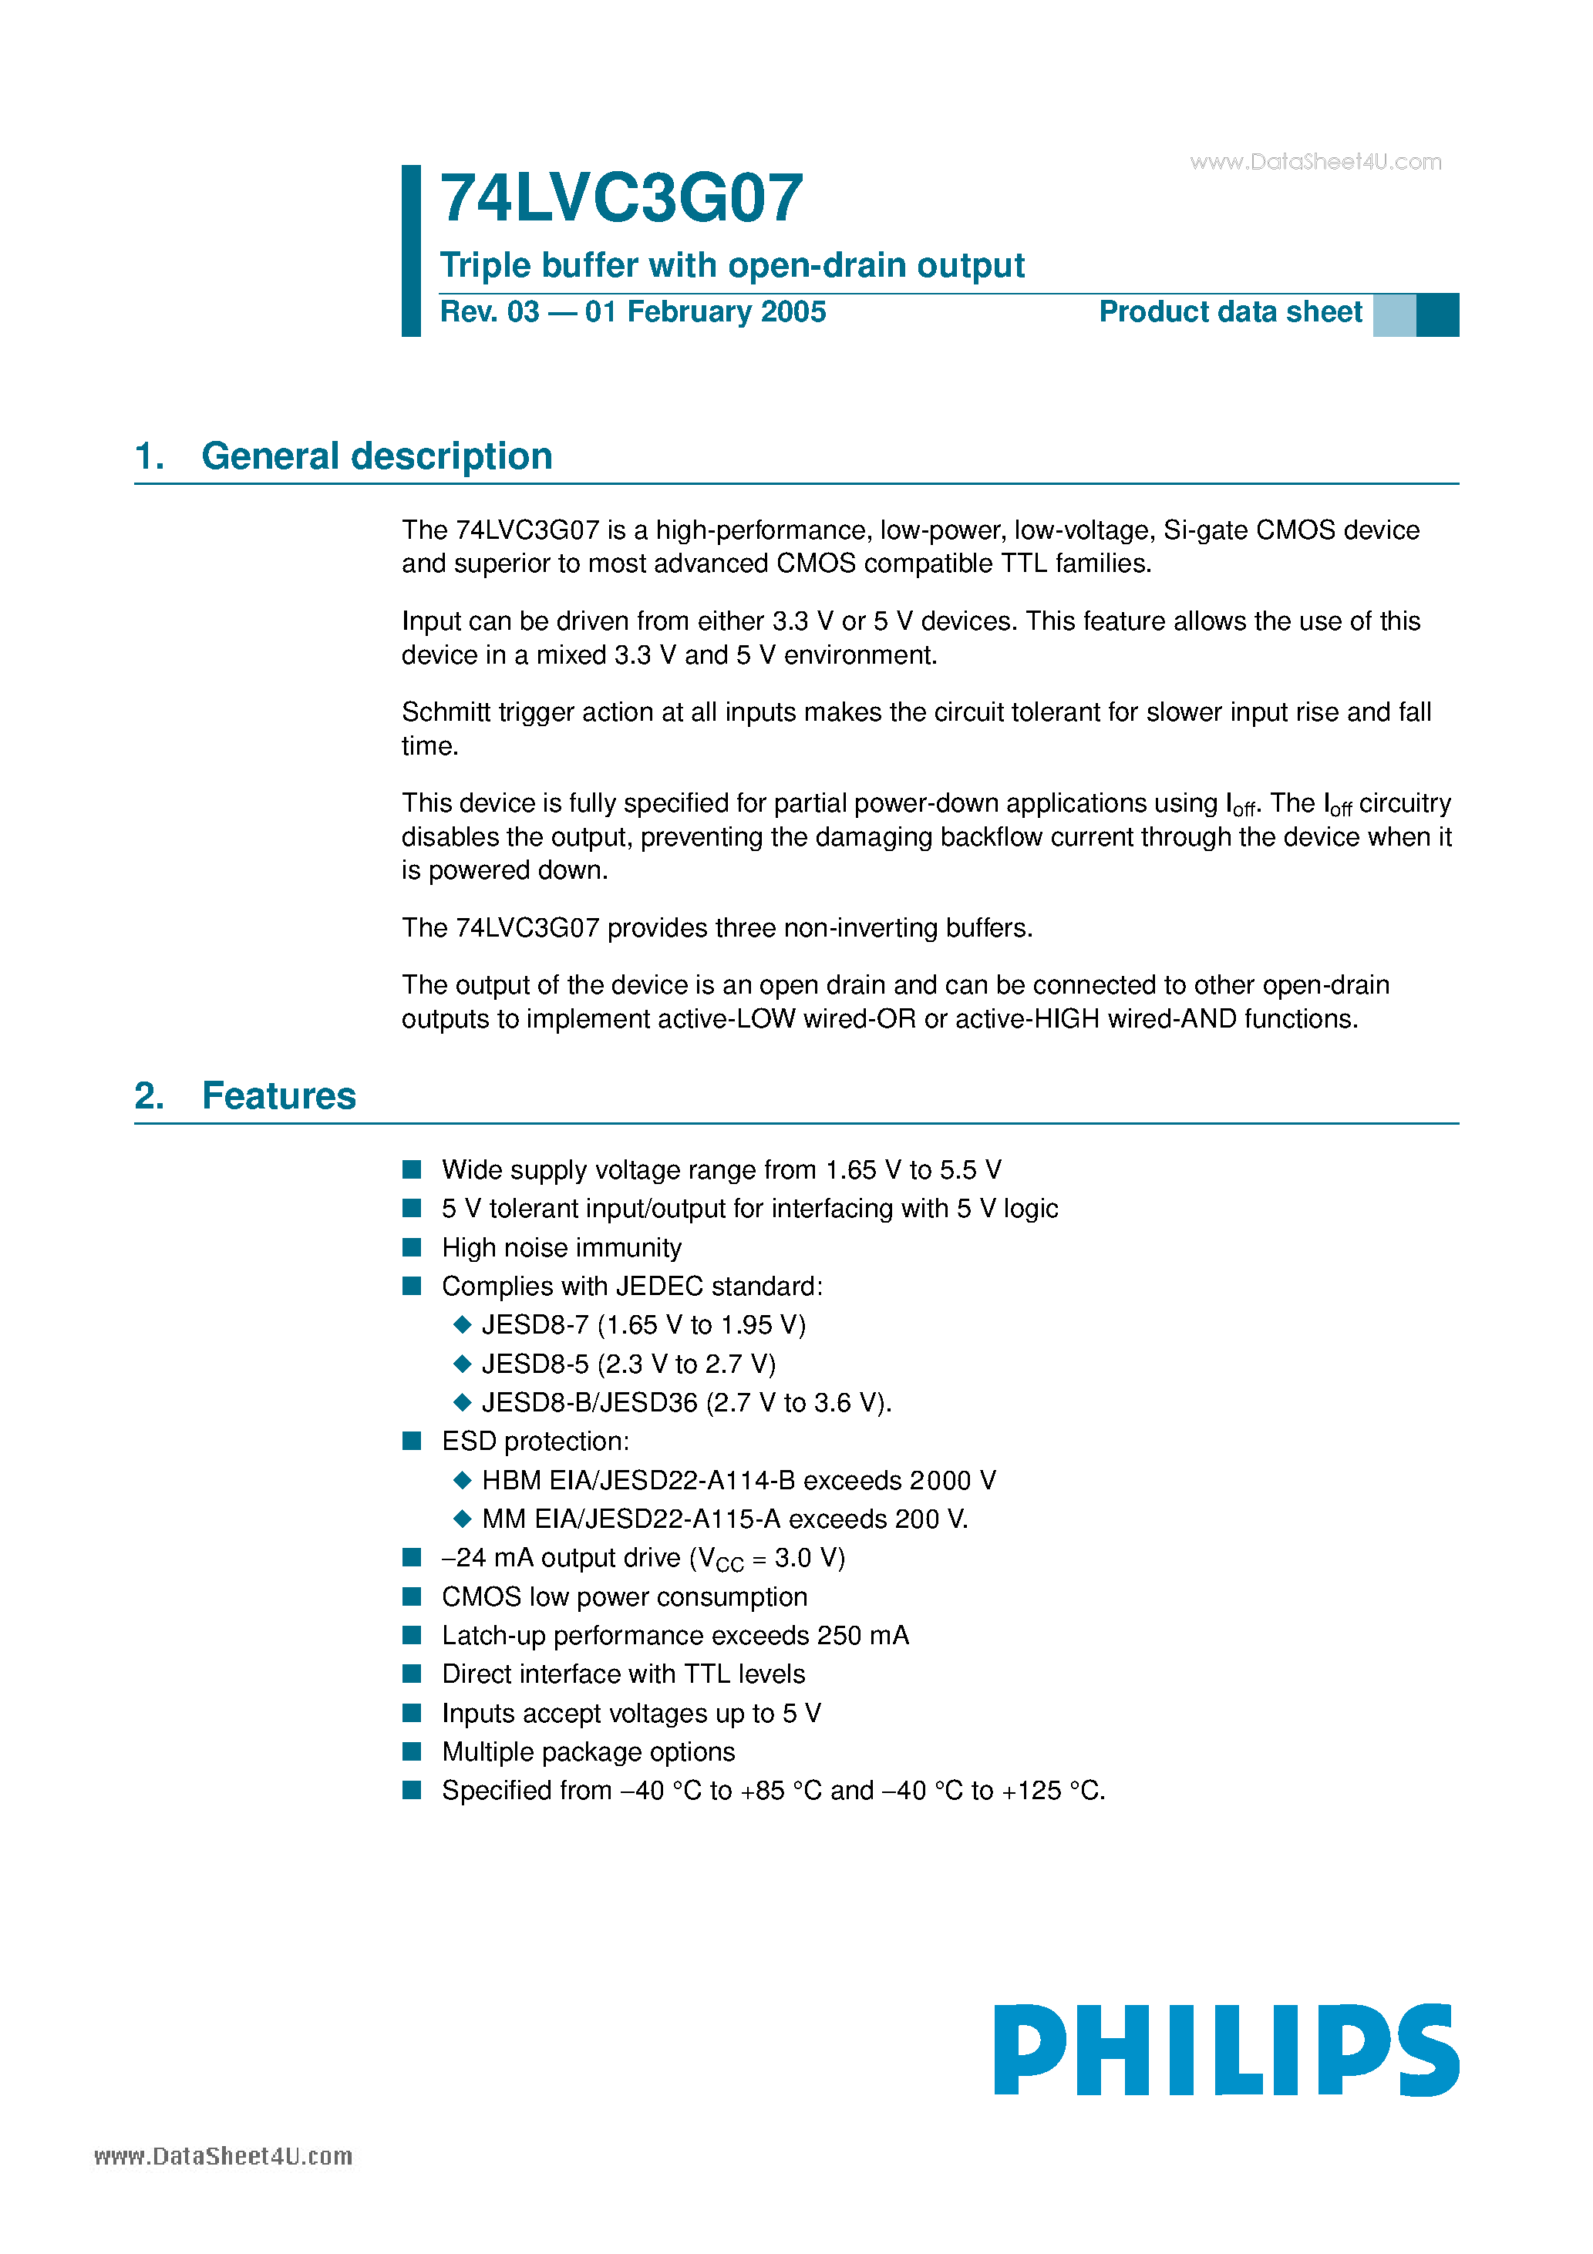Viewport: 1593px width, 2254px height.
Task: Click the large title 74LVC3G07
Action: pos(621,198)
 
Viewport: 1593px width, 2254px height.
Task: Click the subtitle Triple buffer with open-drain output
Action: pos(732,265)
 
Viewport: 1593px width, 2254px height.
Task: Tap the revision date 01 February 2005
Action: pos(706,312)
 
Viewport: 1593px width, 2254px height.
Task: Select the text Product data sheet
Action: pos(1230,312)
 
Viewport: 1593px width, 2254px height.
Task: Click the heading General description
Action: pos(376,456)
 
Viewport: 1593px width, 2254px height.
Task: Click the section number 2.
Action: pos(148,1095)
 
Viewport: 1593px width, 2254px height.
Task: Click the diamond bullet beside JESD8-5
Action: pos(463,1364)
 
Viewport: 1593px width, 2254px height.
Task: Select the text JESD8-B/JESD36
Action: pos(589,1403)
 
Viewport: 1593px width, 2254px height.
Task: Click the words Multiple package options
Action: pos(588,1752)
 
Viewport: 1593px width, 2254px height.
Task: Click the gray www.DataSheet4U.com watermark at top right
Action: pos(1315,162)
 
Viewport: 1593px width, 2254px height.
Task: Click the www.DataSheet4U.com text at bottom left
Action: pos(223,2156)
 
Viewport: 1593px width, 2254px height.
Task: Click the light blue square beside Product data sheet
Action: pos(1393,315)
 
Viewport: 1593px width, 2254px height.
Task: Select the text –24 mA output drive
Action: pos(561,1559)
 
